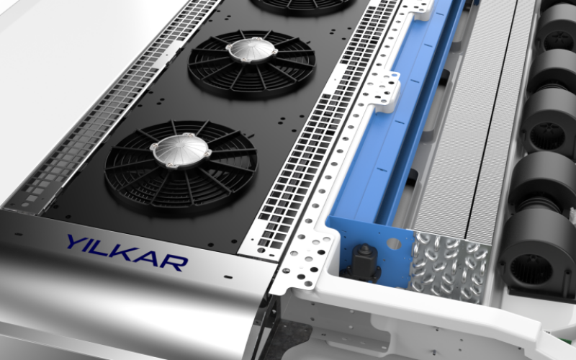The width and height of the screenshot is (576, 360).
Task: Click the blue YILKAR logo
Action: (x=127, y=253)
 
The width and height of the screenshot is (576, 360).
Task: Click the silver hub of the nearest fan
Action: (x=181, y=150)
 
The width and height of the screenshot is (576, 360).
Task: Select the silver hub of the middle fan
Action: (x=252, y=50)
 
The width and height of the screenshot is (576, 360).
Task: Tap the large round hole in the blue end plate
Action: (x=394, y=243)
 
